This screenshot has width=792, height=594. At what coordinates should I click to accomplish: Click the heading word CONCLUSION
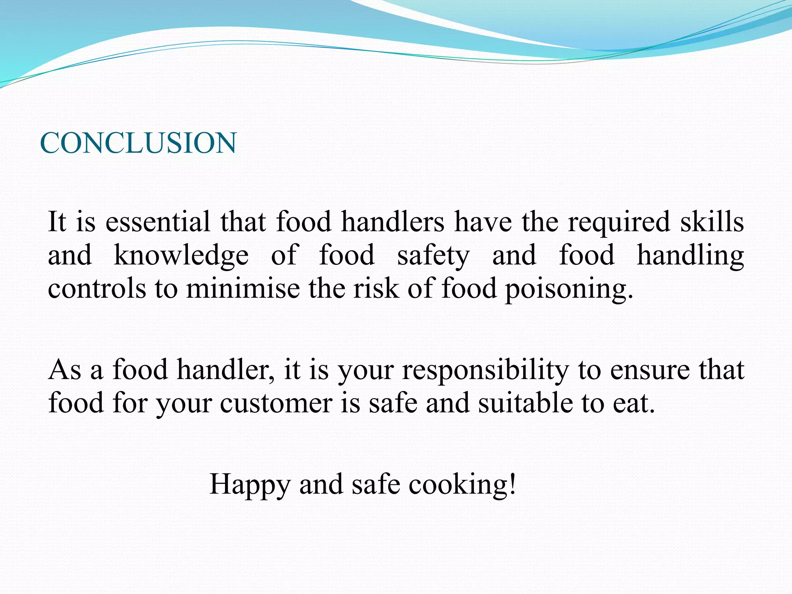[138, 143]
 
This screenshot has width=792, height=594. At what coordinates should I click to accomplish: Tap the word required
[619, 222]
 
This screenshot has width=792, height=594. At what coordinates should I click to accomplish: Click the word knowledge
[181, 256]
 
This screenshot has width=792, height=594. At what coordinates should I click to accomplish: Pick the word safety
[433, 256]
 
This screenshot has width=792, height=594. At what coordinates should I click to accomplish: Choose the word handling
[690, 256]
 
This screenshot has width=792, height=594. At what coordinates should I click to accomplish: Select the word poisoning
[568, 289]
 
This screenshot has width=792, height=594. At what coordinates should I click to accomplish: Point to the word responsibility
[485, 370]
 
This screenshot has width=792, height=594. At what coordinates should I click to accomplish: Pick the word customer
[276, 403]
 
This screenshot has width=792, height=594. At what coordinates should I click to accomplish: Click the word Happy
[249, 485]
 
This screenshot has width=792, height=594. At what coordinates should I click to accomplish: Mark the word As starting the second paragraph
[65, 370]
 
